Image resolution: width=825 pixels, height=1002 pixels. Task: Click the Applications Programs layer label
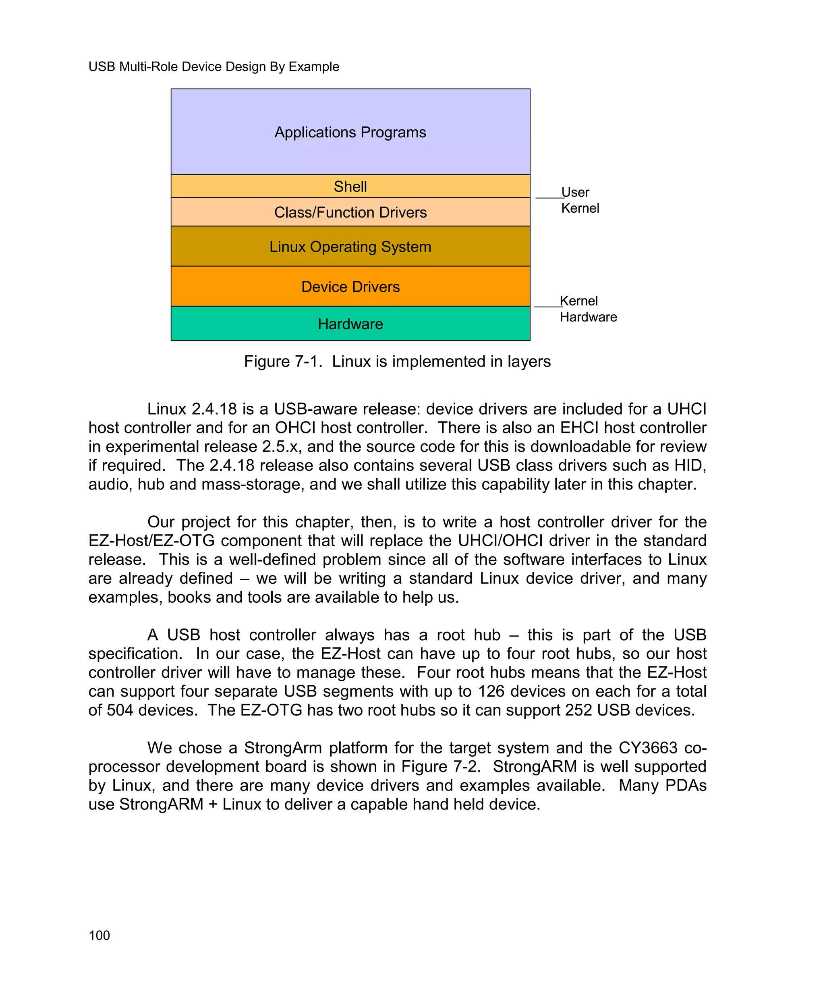click(x=350, y=132)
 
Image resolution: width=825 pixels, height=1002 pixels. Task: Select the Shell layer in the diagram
click(x=350, y=186)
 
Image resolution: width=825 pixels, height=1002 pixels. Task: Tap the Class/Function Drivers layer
click(x=350, y=212)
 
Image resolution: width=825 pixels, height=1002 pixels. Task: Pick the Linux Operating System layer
click(x=350, y=247)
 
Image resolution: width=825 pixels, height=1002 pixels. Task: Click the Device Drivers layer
click(x=350, y=286)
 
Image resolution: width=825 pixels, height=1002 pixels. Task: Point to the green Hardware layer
click(x=350, y=324)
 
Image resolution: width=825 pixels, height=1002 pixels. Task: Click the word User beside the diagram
click(x=575, y=192)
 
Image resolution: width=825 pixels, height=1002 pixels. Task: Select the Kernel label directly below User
click(x=580, y=208)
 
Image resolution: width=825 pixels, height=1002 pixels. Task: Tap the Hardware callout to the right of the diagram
click(x=588, y=317)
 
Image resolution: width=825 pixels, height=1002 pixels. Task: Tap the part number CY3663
click(x=648, y=748)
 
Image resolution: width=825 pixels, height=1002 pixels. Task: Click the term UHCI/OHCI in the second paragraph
click(x=500, y=540)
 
